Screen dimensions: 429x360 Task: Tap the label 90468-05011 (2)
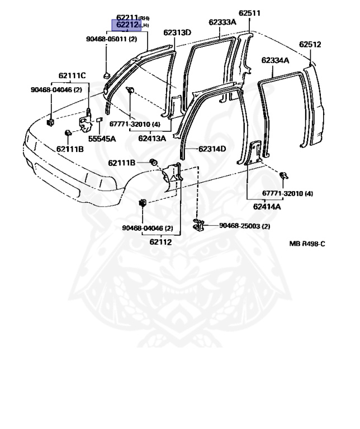click(x=111, y=39)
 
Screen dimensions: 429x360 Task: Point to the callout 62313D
click(x=177, y=32)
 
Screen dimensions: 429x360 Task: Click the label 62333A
click(x=222, y=22)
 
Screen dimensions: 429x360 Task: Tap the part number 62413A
click(x=153, y=138)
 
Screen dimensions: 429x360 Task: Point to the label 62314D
click(x=212, y=149)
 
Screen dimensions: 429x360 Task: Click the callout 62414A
click(x=267, y=207)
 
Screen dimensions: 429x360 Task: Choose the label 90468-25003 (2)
click(x=244, y=226)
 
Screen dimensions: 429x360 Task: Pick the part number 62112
click(x=160, y=242)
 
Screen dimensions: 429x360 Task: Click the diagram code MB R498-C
click(x=307, y=244)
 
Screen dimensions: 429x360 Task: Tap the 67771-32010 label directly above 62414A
click(x=287, y=194)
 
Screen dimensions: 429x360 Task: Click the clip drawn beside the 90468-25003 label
click(x=198, y=225)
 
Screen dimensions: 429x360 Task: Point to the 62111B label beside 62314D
click(x=122, y=163)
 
